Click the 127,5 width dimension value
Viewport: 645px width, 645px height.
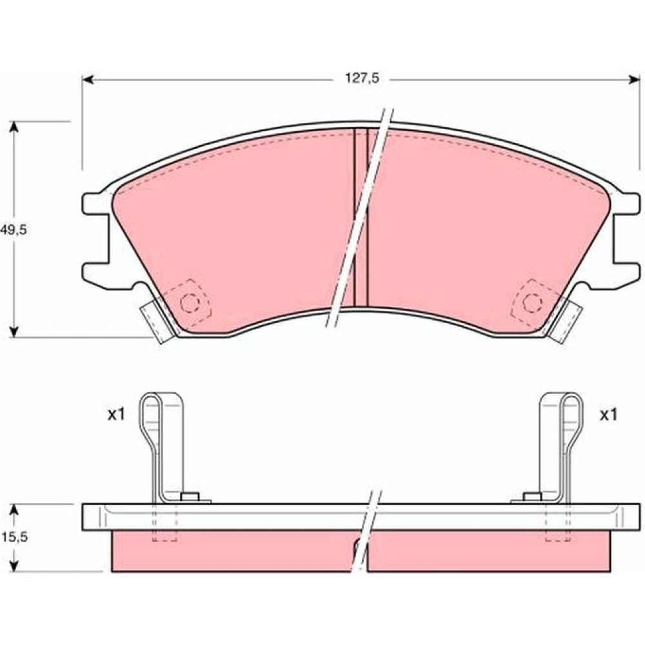tap(362, 78)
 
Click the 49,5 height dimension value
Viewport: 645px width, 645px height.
tap(13, 230)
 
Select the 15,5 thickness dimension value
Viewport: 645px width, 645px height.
tap(14, 537)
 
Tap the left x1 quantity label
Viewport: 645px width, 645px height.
tap(115, 415)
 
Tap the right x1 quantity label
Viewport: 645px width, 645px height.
tap(609, 415)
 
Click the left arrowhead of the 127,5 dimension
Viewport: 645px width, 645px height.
tap(88, 79)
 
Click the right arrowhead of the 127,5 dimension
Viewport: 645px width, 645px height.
tap(634, 79)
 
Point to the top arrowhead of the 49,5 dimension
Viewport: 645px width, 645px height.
tap(14, 126)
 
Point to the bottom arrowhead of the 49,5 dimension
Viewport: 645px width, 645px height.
tap(14, 332)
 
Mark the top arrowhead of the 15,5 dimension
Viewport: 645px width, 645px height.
tap(14, 510)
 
